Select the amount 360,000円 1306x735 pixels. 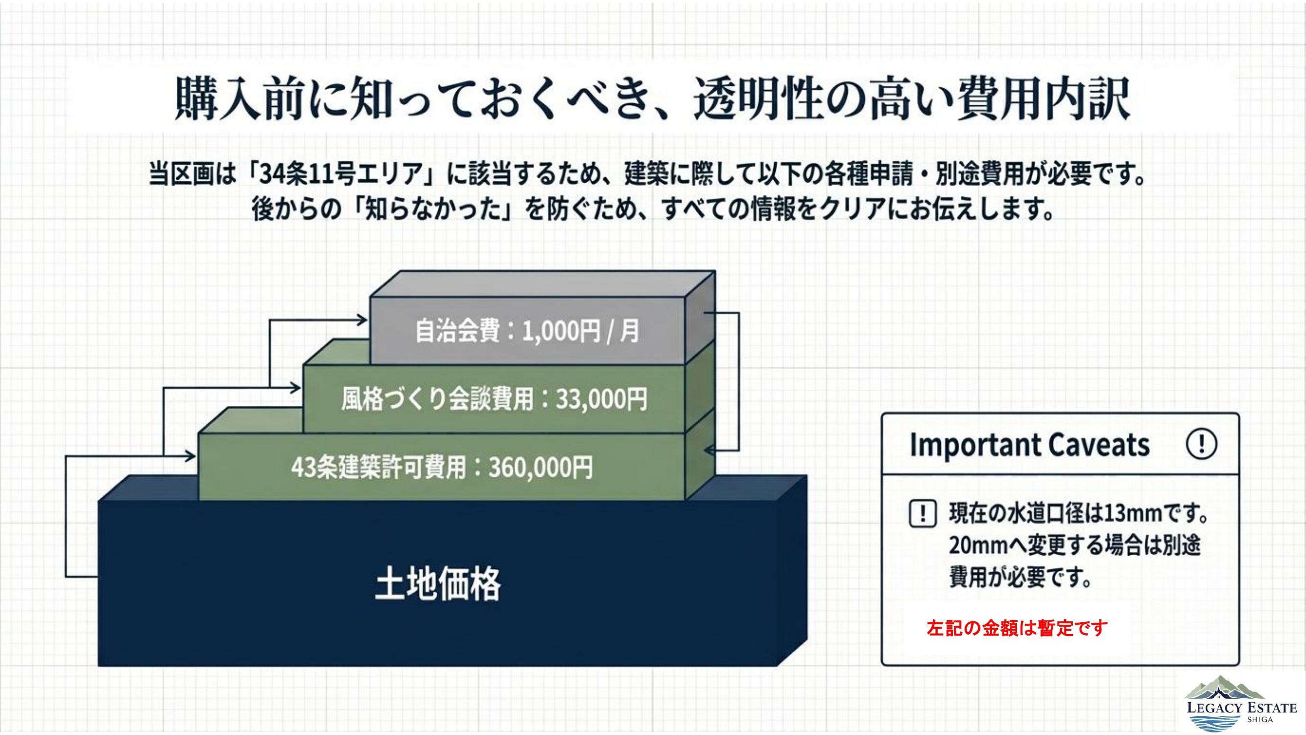point(541,467)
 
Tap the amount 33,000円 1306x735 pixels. point(601,399)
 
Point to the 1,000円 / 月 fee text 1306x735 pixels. point(580,331)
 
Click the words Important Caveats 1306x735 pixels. point(1029,445)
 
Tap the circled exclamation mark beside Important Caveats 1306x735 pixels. point(1201,444)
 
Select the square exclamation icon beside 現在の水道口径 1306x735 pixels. point(922,514)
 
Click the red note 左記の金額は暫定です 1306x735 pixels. point(1017,628)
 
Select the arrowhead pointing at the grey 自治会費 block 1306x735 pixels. point(362,319)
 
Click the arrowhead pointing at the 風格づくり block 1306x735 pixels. point(296,389)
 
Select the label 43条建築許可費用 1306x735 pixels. point(378,467)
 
